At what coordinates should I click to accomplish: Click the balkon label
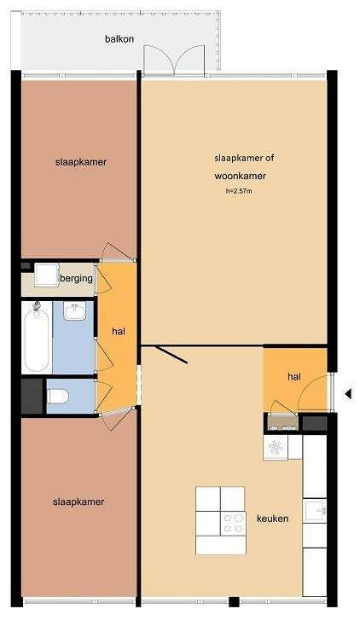click(119, 39)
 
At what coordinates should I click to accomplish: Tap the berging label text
click(77, 279)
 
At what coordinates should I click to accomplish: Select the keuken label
click(272, 519)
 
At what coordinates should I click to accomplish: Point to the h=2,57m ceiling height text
click(239, 191)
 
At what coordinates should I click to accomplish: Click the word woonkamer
click(241, 177)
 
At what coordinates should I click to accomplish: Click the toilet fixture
click(58, 396)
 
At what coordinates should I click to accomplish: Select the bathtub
click(37, 338)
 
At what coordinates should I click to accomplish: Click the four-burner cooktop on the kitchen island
click(234, 524)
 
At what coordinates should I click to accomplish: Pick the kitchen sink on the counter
click(316, 511)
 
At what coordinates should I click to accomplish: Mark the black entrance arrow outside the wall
click(347, 394)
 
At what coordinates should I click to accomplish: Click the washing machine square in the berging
click(46, 275)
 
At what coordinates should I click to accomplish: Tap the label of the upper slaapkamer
click(81, 162)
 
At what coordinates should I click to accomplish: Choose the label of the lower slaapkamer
click(78, 502)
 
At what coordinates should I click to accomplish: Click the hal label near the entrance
click(294, 377)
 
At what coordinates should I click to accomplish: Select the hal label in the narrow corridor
click(119, 332)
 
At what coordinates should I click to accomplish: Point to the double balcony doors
click(175, 60)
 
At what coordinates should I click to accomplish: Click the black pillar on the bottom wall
click(234, 602)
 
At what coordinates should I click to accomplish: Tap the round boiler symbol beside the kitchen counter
click(276, 447)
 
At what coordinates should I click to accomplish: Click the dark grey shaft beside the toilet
click(32, 396)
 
